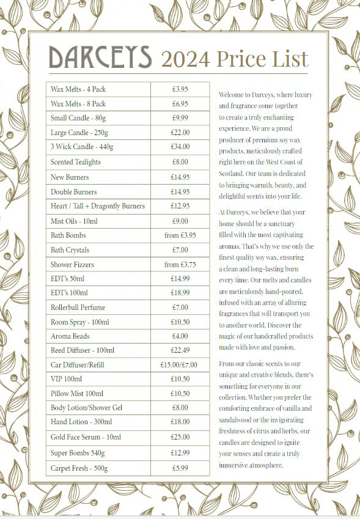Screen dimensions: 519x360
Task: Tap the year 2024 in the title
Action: (x=185, y=59)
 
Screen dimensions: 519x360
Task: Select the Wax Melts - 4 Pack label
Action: (x=78, y=89)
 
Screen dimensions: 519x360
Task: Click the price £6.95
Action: (x=180, y=104)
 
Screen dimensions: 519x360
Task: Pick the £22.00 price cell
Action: (x=180, y=132)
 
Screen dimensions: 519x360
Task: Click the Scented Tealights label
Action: (x=76, y=162)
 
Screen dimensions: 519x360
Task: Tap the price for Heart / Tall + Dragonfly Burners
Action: (x=180, y=206)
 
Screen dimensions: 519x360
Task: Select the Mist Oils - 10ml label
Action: (x=74, y=221)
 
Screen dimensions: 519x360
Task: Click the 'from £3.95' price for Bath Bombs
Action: (x=180, y=235)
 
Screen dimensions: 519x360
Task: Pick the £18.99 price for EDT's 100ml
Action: (x=180, y=293)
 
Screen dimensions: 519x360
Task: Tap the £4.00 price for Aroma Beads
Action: (x=180, y=336)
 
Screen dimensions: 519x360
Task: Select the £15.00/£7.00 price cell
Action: (x=180, y=365)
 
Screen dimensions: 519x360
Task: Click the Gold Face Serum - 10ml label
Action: (x=86, y=437)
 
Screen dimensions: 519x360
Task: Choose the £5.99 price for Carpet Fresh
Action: (x=180, y=468)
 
